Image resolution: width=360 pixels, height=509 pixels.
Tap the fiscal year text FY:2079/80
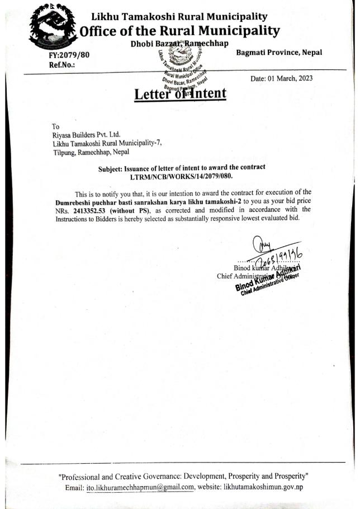tap(69, 55)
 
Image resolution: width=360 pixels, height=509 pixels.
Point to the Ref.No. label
tap(62, 64)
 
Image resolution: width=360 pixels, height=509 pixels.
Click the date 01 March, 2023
tap(290, 79)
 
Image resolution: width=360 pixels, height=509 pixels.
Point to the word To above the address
tap(55, 126)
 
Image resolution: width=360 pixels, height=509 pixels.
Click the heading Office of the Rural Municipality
tap(179, 30)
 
